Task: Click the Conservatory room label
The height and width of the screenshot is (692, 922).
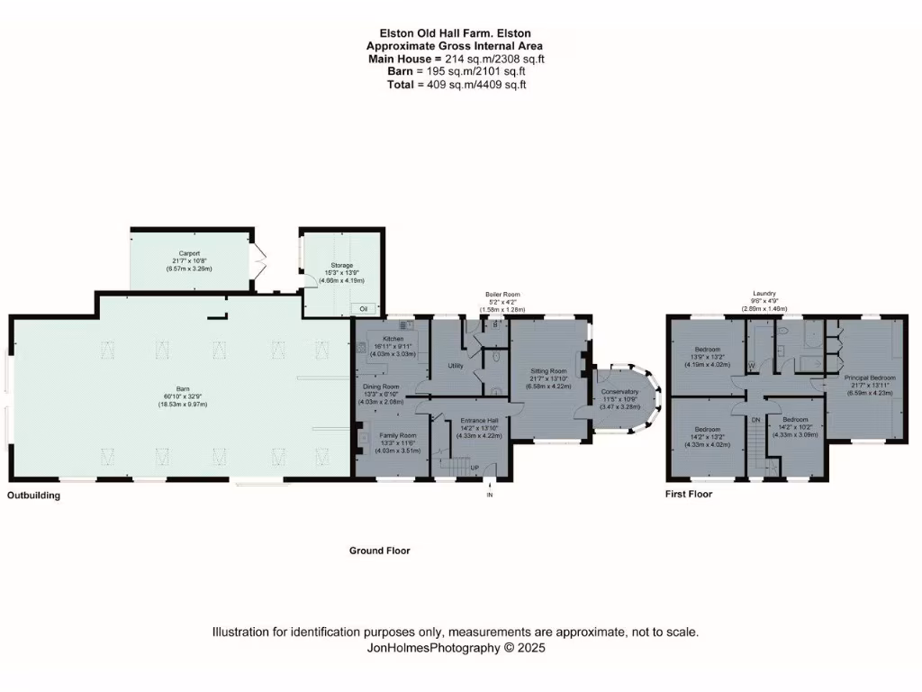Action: [619, 392]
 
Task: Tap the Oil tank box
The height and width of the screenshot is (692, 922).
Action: [364, 308]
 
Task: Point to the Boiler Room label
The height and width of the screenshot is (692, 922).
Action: [502, 295]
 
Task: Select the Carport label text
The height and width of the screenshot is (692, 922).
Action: [188, 254]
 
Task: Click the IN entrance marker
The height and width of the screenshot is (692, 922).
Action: [490, 496]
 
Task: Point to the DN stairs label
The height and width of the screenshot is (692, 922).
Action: [756, 420]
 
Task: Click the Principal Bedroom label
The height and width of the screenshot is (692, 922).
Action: [869, 378]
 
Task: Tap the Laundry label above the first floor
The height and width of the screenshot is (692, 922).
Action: [764, 294]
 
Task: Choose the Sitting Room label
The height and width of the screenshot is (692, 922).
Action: [547, 370]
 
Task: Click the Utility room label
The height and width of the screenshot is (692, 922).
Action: [456, 365]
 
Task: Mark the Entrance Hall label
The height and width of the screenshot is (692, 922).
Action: [480, 421]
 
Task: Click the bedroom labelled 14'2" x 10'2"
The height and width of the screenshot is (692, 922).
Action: [795, 420]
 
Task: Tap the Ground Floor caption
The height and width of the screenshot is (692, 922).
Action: [379, 550]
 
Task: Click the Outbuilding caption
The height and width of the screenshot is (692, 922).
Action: [34, 495]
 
